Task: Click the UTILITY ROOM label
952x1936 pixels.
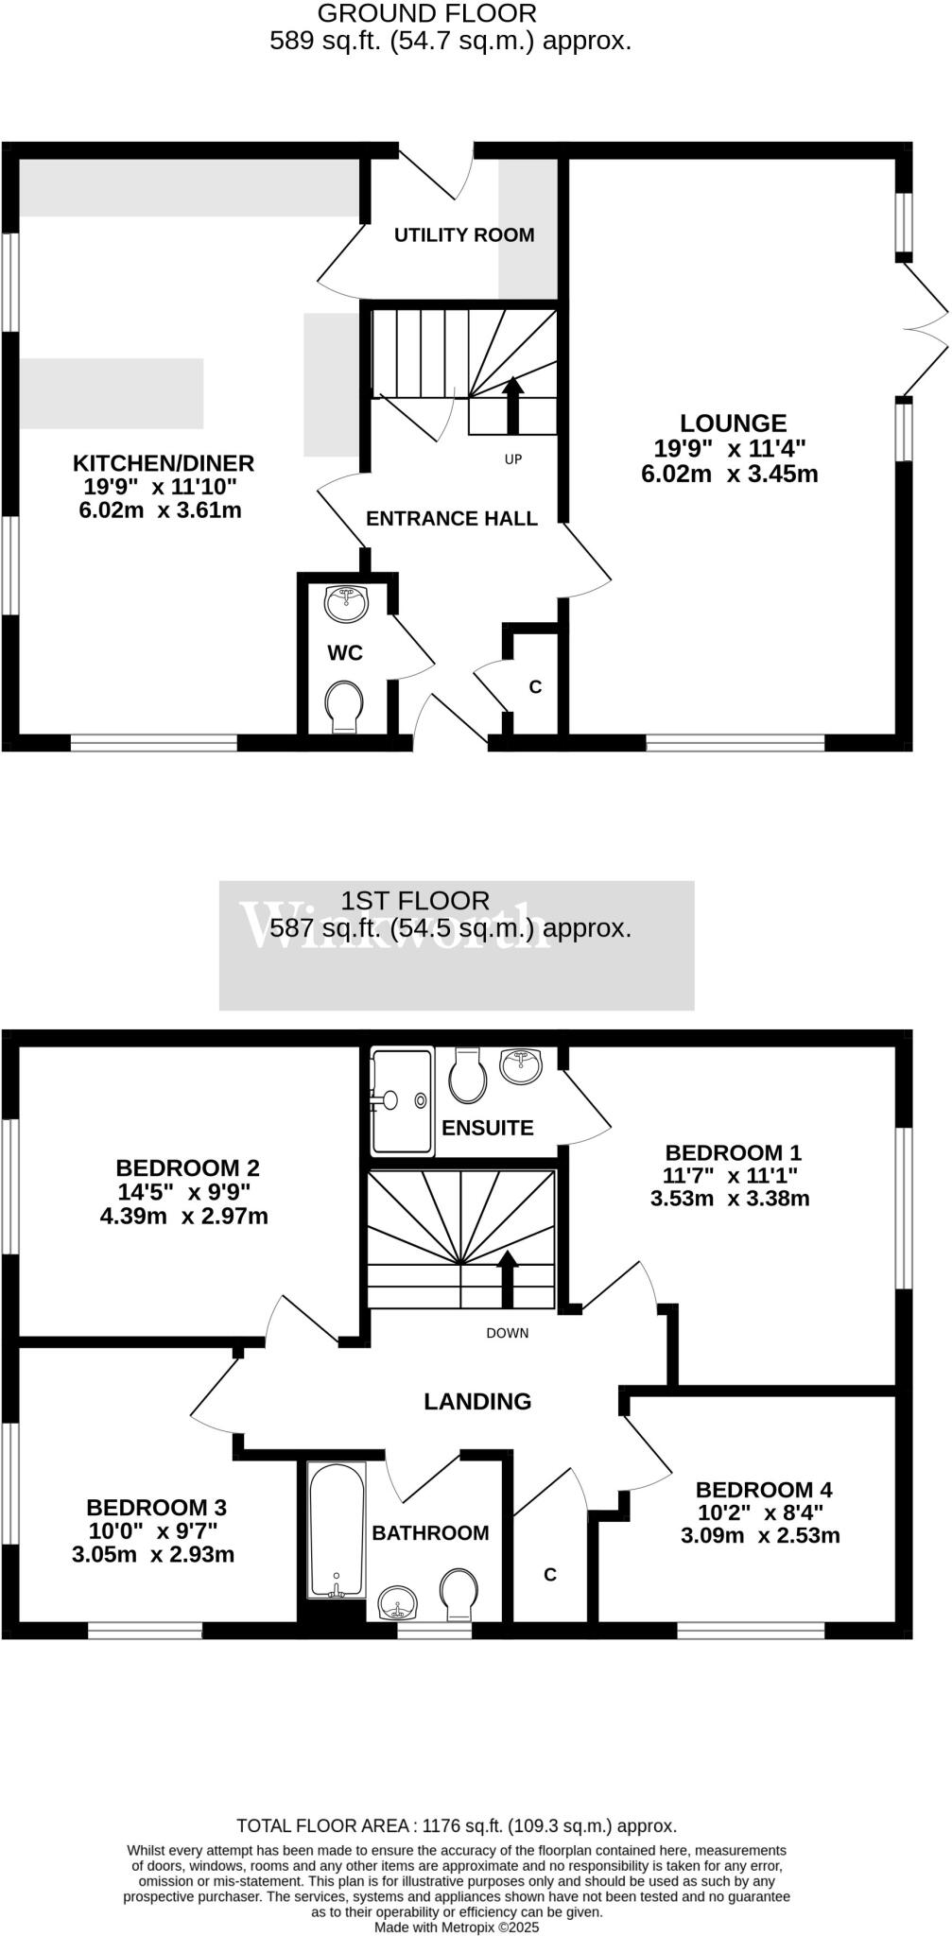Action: point(464,235)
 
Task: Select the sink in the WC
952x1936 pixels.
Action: point(346,604)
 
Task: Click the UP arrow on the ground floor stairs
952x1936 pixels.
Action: point(512,405)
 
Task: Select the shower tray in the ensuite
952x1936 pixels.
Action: point(402,1100)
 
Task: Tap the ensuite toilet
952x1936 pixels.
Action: point(468,1077)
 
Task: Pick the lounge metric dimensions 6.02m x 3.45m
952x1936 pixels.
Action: point(729,475)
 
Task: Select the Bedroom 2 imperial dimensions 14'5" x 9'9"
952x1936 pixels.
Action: point(184,1193)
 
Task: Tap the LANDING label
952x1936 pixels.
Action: point(477,1402)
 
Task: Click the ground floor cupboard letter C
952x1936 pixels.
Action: point(535,687)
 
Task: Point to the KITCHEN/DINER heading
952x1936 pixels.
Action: point(164,463)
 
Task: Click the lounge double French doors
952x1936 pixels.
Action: point(925,328)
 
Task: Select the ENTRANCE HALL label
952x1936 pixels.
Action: point(452,519)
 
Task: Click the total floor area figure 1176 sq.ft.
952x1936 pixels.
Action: point(457,1826)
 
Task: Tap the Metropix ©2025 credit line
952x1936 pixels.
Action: point(457,1927)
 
